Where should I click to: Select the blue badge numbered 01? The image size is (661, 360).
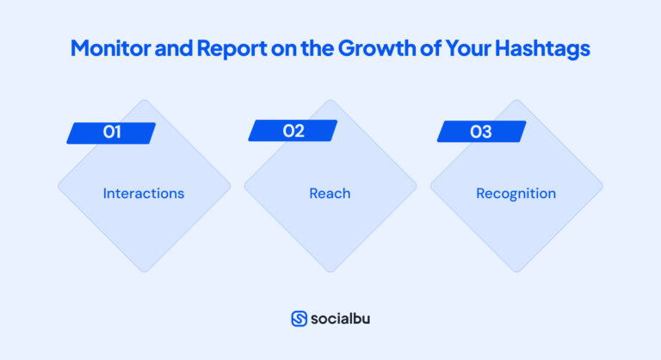pos(111,133)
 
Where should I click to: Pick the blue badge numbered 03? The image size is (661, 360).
pos(481,132)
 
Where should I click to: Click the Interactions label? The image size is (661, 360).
pos(144,194)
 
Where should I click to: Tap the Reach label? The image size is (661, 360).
pos(330,194)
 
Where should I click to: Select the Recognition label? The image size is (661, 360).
pos(516,194)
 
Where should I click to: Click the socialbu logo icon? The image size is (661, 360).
pos(300,318)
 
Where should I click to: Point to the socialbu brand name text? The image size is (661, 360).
pos(342,318)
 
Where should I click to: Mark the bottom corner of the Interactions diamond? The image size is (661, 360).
pos(144,270)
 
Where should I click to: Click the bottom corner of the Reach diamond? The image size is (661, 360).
pos(330,270)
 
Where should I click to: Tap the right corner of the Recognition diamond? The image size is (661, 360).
pos(602,186)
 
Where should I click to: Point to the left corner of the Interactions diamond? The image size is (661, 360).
pos(59,186)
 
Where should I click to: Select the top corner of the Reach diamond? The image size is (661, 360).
pos(330,101)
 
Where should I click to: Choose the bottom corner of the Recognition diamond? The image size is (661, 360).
pos(516,270)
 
